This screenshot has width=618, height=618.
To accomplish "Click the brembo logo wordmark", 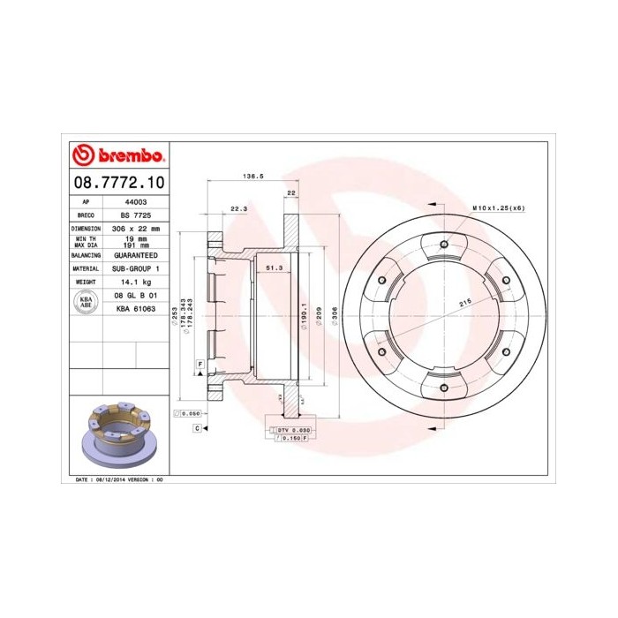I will tap(117, 156).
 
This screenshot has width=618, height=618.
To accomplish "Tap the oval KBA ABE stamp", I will tap(86, 302).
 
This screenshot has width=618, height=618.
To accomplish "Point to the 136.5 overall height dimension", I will tap(253, 177).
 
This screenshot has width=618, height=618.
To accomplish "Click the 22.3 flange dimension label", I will tap(238, 208).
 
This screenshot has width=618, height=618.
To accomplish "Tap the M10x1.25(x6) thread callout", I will tap(498, 207).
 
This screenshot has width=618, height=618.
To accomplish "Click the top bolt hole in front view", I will tap(443, 245).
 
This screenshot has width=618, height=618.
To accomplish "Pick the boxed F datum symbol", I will tap(200, 364).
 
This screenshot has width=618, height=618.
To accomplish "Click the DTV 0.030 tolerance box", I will tap(292, 429).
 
